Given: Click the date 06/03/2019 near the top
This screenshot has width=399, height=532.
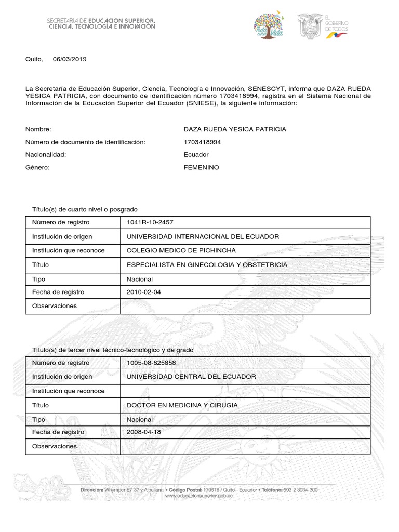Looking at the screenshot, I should click(70, 59).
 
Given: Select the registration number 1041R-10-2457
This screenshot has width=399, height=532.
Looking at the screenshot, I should click(150, 223).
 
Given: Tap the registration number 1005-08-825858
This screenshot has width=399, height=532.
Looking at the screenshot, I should click(151, 363).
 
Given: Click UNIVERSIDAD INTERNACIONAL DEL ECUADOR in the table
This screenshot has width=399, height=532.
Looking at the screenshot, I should click(203, 237).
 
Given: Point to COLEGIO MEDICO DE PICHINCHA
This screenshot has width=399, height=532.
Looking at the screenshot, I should click(181, 251).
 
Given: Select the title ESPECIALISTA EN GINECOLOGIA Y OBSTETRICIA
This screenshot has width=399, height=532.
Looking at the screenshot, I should click(207, 265).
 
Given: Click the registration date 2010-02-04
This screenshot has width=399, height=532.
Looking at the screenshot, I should click(144, 292).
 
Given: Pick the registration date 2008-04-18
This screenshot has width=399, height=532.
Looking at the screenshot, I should click(144, 432).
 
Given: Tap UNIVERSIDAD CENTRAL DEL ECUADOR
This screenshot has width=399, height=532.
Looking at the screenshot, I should click(191, 377).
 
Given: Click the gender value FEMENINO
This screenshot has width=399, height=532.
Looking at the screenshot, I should click(201, 168).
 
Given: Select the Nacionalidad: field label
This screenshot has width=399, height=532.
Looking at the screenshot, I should click(46, 155).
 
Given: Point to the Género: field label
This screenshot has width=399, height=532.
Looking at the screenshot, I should click(37, 168).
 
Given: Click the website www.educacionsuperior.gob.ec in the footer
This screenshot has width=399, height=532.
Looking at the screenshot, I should click(198, 496).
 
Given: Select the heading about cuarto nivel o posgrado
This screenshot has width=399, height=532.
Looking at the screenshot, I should click(85, 209).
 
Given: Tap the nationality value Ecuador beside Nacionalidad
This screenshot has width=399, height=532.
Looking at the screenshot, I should click(196, 155).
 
